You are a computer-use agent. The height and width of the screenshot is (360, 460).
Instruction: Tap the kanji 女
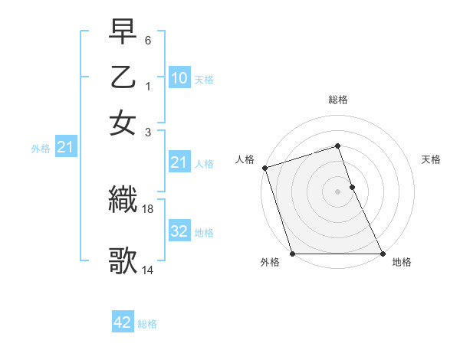point(123,123)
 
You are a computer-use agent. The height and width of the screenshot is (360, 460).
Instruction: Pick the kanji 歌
point(123,260)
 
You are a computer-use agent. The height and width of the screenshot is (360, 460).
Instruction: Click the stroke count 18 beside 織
point(149,208)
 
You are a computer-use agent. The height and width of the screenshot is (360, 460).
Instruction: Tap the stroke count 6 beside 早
point(148,39)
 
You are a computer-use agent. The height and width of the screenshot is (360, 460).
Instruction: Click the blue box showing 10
point(179,77)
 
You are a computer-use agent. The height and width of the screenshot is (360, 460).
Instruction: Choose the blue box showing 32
point(179,232)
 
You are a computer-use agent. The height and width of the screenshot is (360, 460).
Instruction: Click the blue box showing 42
point(123,322)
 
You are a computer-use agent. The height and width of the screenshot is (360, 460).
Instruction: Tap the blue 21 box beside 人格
point(179,162)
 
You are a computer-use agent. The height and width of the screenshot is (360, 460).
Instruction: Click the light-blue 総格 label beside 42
point(147,324)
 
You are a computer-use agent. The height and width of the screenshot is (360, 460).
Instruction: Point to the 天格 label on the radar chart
point(431,159)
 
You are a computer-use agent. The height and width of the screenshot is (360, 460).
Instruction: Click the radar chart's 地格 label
point(402,262)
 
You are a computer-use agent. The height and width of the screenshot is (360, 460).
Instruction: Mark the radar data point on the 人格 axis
point(264,168)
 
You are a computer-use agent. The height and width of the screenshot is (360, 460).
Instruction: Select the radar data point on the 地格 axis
point(383,254)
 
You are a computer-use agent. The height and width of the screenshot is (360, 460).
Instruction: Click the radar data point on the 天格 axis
point(352,186)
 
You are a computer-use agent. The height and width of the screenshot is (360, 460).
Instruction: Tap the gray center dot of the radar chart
point(337,191)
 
